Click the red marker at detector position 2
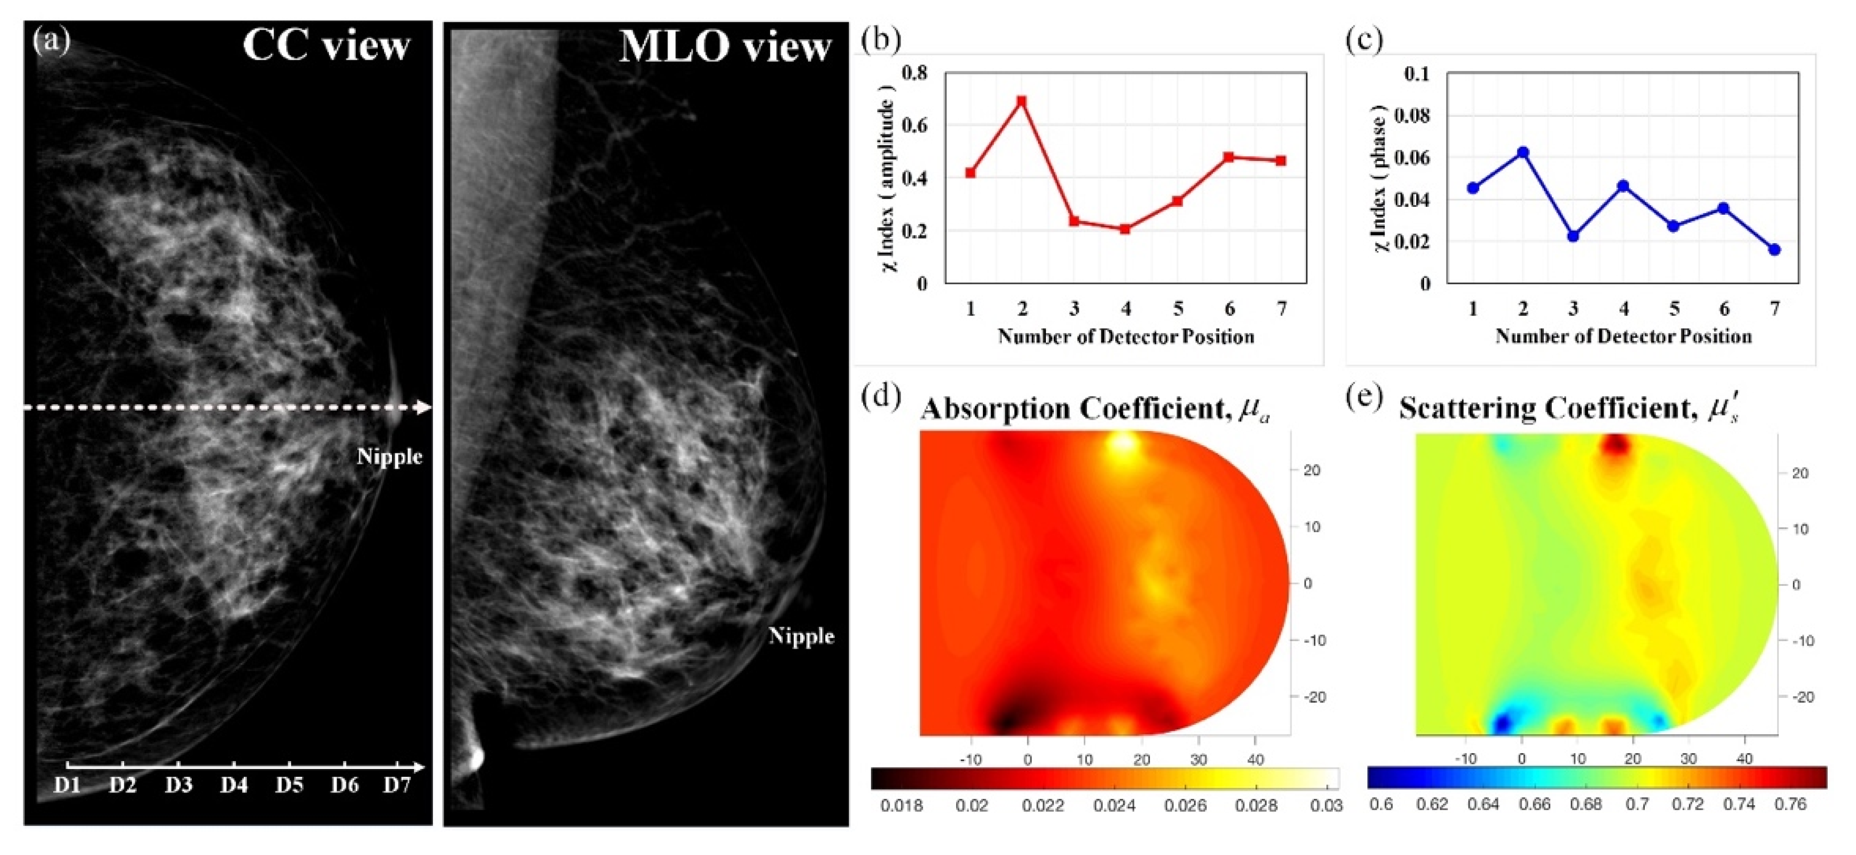tap(1022, 101)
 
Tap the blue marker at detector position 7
tap(1775, 250)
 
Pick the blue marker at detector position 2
tap(1523, 153)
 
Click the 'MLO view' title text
tap(725, 48)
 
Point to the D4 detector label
tap(234, 784)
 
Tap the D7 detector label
tap(396, 784)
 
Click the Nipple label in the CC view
tap(389, 456)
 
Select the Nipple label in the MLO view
tap(801, 636)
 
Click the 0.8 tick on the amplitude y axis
tap(914, 73)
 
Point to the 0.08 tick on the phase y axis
tap(1412, 115)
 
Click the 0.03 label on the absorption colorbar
tap(1326, 806)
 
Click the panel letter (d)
tap(881, 397)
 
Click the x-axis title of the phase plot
tap(1623, 337)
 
